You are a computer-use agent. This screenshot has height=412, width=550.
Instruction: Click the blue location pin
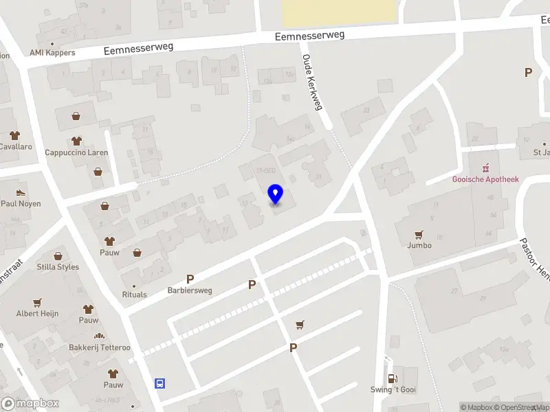coord(276,194)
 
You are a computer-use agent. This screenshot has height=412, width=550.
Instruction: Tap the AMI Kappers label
coord(52,52)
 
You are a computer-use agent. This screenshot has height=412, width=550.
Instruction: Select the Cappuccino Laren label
coord(76,152)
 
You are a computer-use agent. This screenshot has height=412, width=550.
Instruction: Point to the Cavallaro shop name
coord(15,146)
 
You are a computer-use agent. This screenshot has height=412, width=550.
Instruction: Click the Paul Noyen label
coord(21,203)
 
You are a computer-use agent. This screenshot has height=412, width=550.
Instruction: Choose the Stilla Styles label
coord(58,266)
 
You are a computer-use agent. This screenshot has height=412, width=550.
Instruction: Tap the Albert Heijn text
coord(38,313)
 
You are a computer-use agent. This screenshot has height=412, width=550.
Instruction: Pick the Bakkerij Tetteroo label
coord(99,347)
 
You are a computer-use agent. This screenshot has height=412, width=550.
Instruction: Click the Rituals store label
coord(135,294)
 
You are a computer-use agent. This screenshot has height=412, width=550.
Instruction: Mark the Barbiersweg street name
coord(190,290)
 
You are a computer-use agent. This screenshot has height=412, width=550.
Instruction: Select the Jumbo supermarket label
coord(419,244)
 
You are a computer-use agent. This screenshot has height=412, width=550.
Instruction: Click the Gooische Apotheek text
coord(485,179)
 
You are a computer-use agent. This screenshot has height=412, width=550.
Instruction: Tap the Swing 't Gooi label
coord(393,389)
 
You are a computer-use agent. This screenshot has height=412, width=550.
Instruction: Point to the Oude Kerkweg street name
coord(312,82)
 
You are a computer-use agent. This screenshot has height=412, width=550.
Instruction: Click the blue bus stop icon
coord(160,383)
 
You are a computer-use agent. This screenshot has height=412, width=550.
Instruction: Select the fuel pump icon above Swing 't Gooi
coord(393,378)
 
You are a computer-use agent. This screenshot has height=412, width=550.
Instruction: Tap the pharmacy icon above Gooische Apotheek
coord(485,167)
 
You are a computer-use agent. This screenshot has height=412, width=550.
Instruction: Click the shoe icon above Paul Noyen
coord(21,192)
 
